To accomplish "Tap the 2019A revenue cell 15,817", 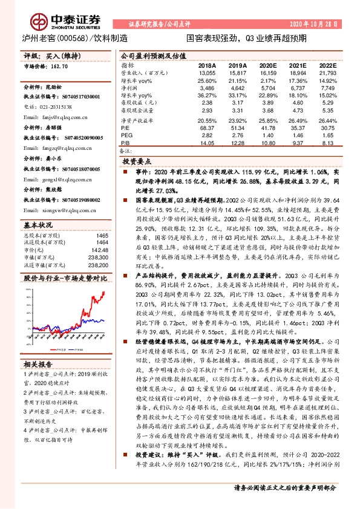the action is pyautogui.click(x=237, y=72).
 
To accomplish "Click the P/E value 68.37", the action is pyautogui.click(x=207, y=128).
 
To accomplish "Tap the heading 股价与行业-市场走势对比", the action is pyautogui.click(x=65, y=279).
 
